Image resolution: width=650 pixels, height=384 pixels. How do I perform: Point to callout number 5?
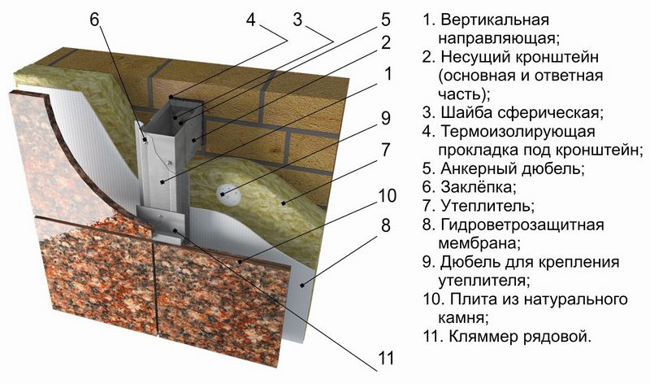(x=385, y=18)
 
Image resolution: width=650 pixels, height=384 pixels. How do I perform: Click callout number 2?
(x=385, y=42)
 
